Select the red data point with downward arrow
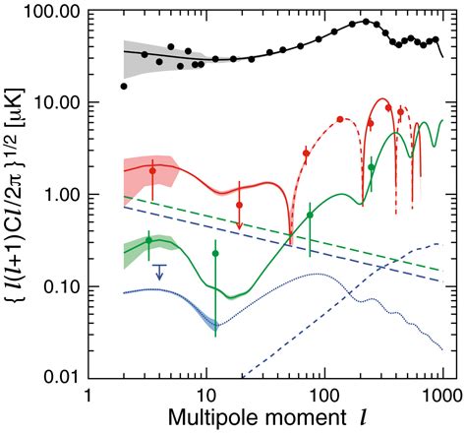point(239,206)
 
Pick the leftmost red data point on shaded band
point(152,171)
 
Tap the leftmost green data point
point(149,240)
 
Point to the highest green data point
point(371,167)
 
